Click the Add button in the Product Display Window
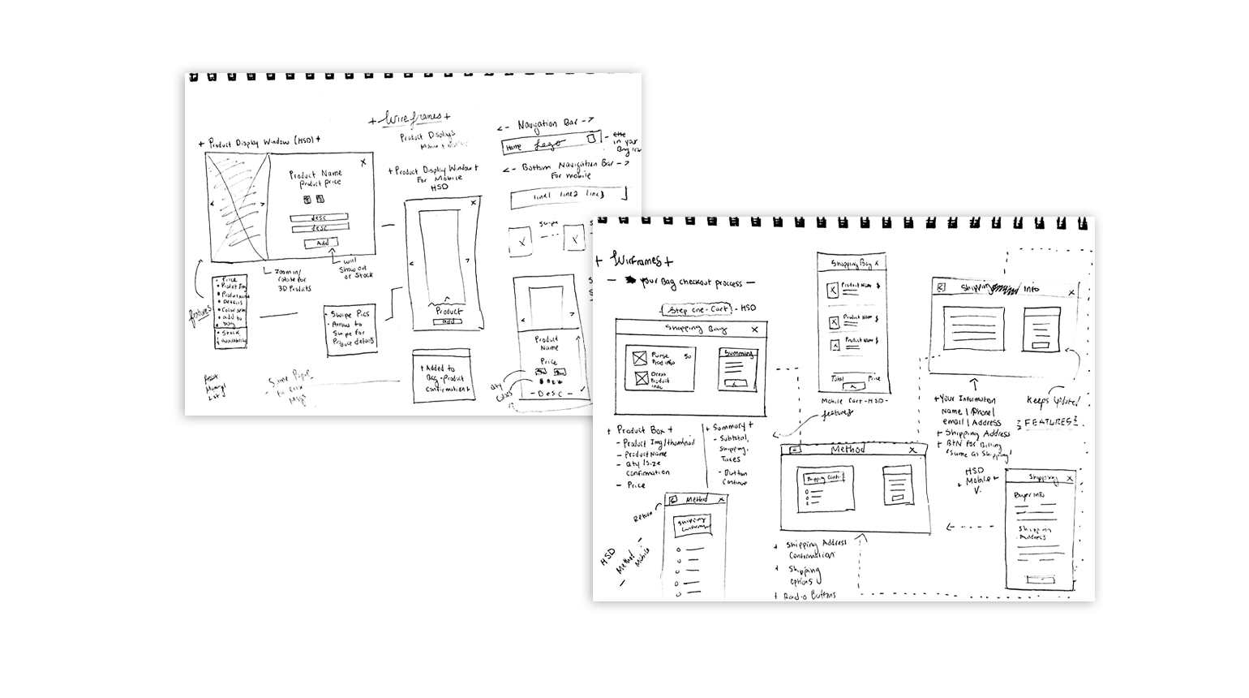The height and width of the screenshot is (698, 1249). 321,243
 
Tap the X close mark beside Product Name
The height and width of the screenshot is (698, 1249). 363,162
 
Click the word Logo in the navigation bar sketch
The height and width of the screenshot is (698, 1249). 548,145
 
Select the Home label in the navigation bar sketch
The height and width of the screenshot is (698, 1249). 513,148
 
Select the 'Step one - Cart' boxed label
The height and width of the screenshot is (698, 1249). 697,309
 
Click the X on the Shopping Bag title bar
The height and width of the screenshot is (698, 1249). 755,329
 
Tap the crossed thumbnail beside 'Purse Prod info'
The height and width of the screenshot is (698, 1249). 640,356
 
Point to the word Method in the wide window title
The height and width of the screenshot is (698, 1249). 848,450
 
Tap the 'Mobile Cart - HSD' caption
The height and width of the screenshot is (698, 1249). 854,401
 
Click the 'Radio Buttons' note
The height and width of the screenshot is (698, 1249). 809,596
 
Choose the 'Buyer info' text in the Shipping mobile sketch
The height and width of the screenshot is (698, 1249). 1029,494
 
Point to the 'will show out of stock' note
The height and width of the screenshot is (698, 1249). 355,269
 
